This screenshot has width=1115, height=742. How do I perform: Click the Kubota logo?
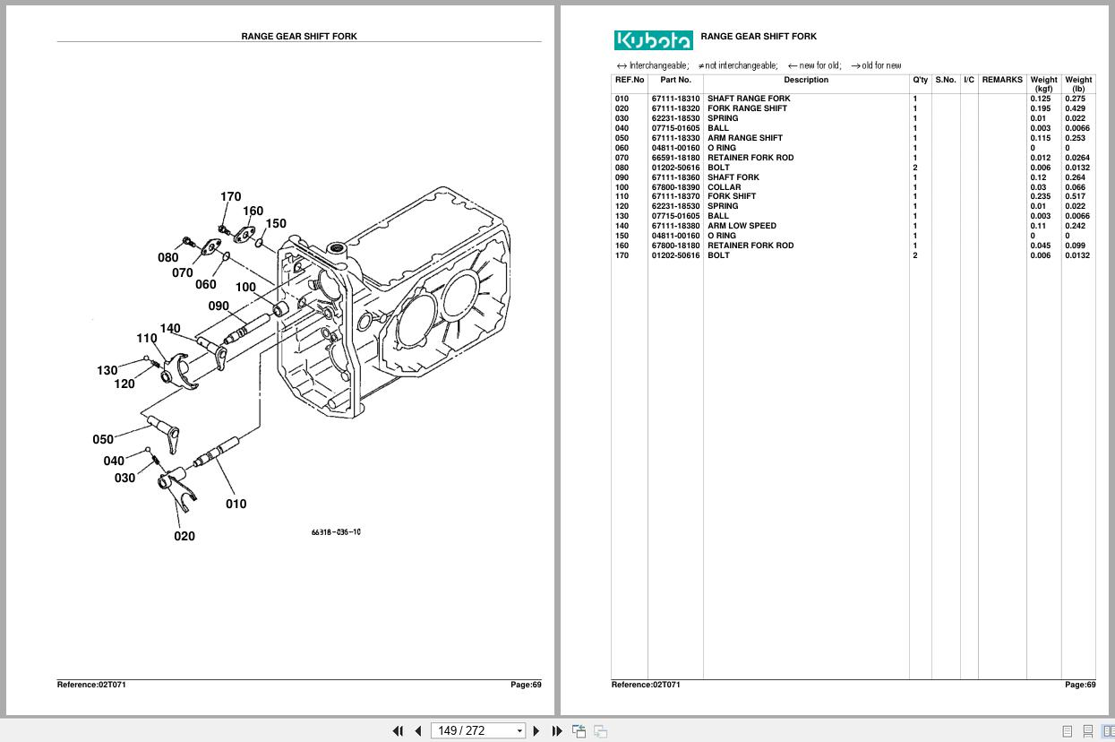click(x=653, y=40)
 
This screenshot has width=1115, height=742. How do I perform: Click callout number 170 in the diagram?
click(x=230, y=196)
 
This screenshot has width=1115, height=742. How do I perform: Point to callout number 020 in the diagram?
click(x=184, y=536)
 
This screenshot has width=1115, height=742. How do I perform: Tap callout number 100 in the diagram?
click(x=245, y=287)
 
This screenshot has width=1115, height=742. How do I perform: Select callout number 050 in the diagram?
click(x=103, y=439)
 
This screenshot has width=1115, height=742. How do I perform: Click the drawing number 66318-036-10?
click(x=336, y=532)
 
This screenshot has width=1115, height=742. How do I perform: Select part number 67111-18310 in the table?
click(x=675, y=99)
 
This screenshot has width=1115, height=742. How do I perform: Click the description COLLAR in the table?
click(x=724, y=187)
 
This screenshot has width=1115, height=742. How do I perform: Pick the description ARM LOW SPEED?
click(x=742, y=226)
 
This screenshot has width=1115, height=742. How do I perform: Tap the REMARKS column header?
click(x=1001, y=80)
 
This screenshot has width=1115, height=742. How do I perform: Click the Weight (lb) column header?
click(x=1078, y=84)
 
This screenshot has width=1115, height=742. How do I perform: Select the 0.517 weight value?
click(x=1075, y=196)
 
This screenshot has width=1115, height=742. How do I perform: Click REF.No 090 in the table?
click(x=622, y=177)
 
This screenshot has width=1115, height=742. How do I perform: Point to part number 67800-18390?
click(x=675, y=187)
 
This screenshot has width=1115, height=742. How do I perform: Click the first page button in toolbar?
click(x=398, y=730)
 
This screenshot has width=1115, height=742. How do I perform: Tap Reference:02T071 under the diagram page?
click(x=91, y=685)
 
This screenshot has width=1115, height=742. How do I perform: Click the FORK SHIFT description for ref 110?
click(x=731, y=196)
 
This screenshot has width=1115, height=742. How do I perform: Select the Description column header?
click(x=806, y=80)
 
